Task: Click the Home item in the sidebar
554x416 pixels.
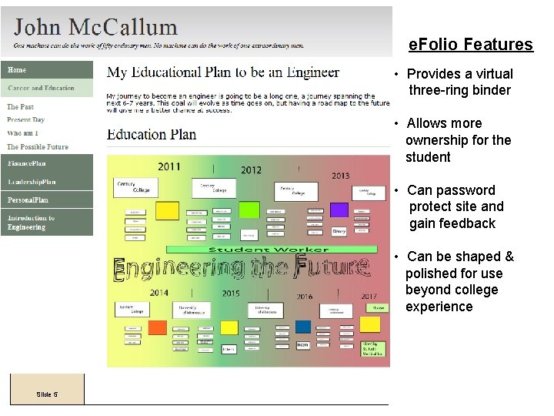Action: click(17, 70)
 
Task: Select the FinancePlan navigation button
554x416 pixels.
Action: click(28, 163)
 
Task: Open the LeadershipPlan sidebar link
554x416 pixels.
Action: click(32, 182)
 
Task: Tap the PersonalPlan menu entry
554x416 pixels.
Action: click(28, 200)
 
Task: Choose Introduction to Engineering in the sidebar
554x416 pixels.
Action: click(32, 223)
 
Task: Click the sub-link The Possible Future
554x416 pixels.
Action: click(38, 146)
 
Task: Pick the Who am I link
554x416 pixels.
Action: click(22, 133)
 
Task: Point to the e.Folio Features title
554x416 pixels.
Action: click(470, 45)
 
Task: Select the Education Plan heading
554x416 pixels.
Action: click(152, 135)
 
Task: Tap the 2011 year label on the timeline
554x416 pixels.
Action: click(169, 166)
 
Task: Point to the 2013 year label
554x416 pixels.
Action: click(340, 176)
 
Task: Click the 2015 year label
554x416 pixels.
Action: click(231, 294)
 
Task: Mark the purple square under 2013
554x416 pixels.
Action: click(339, 210)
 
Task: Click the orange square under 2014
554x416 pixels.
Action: click(157, 327)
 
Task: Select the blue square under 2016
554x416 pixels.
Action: click(303, 327)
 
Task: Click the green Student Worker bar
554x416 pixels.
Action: click(271, 249)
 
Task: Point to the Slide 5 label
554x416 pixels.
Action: click(47, 394)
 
